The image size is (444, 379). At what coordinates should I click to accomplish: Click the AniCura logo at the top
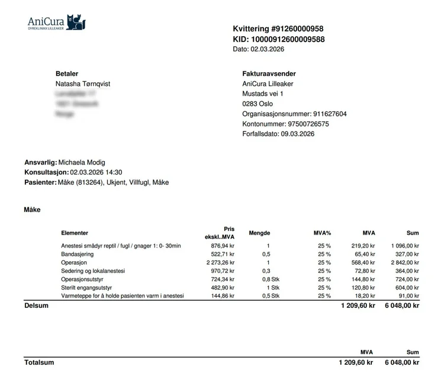point(57,23)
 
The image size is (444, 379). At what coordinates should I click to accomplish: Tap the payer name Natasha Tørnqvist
point(82,84)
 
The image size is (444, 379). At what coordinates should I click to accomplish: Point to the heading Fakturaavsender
point(269,74)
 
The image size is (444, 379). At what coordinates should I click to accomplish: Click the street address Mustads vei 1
point(263,94)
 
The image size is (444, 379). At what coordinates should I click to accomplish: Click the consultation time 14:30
point(114,172)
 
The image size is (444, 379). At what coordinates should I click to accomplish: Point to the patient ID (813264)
point(89,182)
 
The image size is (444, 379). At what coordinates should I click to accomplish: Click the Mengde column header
point(260,233)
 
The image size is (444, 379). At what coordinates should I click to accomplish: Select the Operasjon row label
point(74,262)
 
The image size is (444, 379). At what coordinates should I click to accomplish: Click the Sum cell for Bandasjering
point(408,254)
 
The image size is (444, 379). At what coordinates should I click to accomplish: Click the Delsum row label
point(36,306)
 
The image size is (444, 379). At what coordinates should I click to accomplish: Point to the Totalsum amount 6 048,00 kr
point(402,363)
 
